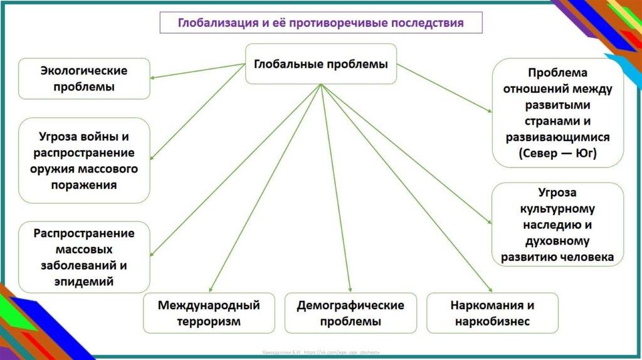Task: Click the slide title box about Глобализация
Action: coord(320,23)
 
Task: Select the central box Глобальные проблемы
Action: coord(320,63)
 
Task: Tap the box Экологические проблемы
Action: coord(84,78)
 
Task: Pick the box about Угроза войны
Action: coord(84,160)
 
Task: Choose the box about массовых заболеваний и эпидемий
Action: coord(84,257)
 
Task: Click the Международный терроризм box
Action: coord(209,313)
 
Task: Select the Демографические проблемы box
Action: coord(350,313)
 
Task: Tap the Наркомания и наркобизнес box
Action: coord(492,313)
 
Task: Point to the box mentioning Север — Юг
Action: coord(557,112)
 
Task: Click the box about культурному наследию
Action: coord(557,225)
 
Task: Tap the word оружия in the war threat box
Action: coord(50,169)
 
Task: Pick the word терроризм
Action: coord(209,322)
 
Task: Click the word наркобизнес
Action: coord(492,322)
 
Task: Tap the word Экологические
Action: coord(84,70)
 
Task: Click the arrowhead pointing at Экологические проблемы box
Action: coord(154,77)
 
